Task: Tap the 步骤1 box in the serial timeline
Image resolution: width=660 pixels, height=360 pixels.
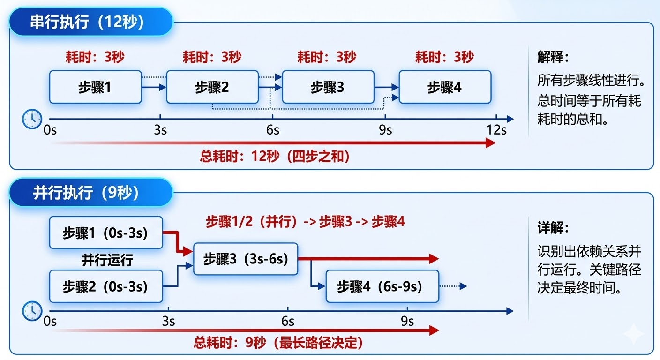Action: pos(95,87)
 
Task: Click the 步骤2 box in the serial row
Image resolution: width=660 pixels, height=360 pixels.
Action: pos(212,87)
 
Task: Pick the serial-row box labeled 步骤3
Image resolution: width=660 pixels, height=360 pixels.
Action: pos(328,87)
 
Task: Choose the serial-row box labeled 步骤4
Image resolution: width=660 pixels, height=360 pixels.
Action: pos(444,87)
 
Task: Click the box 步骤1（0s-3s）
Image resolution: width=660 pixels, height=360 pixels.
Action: pos(106,232)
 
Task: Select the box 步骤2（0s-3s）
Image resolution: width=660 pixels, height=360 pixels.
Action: pos(106,286)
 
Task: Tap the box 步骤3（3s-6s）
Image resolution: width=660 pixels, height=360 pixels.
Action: pos(246,259)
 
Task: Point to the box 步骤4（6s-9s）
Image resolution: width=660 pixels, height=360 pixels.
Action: pos(382,286)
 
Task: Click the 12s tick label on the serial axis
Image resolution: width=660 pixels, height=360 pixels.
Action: pos(496,130)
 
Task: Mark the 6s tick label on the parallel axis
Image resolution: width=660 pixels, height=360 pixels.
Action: pos(288,322)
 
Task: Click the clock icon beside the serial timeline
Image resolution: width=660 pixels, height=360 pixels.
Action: pos(32,119)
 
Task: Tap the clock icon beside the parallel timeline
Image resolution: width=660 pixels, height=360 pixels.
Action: pos(32,310)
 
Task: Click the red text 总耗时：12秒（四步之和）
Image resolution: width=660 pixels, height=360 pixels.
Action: pos(275,156)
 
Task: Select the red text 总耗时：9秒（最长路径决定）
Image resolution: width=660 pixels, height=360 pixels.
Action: pos(278,343)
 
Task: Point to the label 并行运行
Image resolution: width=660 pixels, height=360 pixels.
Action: pos(107,260)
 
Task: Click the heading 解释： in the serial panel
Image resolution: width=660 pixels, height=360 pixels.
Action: pos(553,57)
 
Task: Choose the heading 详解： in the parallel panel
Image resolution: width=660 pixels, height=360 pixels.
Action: pos(553,228)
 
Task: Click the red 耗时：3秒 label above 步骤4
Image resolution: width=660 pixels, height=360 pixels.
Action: pos(444,57)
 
